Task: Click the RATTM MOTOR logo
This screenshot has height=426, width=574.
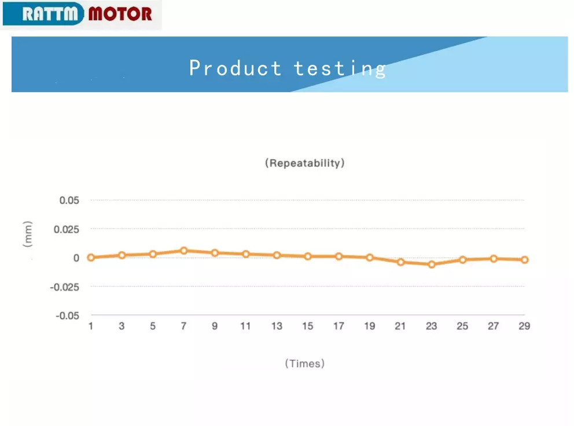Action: [x=81, y=14]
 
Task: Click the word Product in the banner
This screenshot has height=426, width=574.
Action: [x=235, y=68]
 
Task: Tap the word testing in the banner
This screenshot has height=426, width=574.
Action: [x=340, y=69]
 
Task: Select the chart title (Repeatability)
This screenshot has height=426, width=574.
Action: [x=305, y=163]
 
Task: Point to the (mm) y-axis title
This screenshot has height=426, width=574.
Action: [x=27, y=234]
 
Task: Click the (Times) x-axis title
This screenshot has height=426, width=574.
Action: [x=305, y=363]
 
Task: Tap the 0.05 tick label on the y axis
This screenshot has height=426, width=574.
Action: [x=69, y=200]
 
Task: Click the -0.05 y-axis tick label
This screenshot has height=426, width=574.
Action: [x=67, y=315]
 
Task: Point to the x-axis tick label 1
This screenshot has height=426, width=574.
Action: [x=91, y=326]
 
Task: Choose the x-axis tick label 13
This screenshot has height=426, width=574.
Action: [x=277, y=326]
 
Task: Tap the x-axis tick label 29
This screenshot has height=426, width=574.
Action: [x=524, y=326]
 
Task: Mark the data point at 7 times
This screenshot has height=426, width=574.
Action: [x=184, y=251]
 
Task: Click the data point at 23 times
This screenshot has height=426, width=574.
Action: [x=432, y=265]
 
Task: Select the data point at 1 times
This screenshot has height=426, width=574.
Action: [x=91, y=258]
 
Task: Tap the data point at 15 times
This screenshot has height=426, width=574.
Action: [x=308, y=256]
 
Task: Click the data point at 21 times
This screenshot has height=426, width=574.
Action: [x=400, y=262]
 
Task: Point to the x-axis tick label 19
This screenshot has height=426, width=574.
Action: [x=370, y=326]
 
